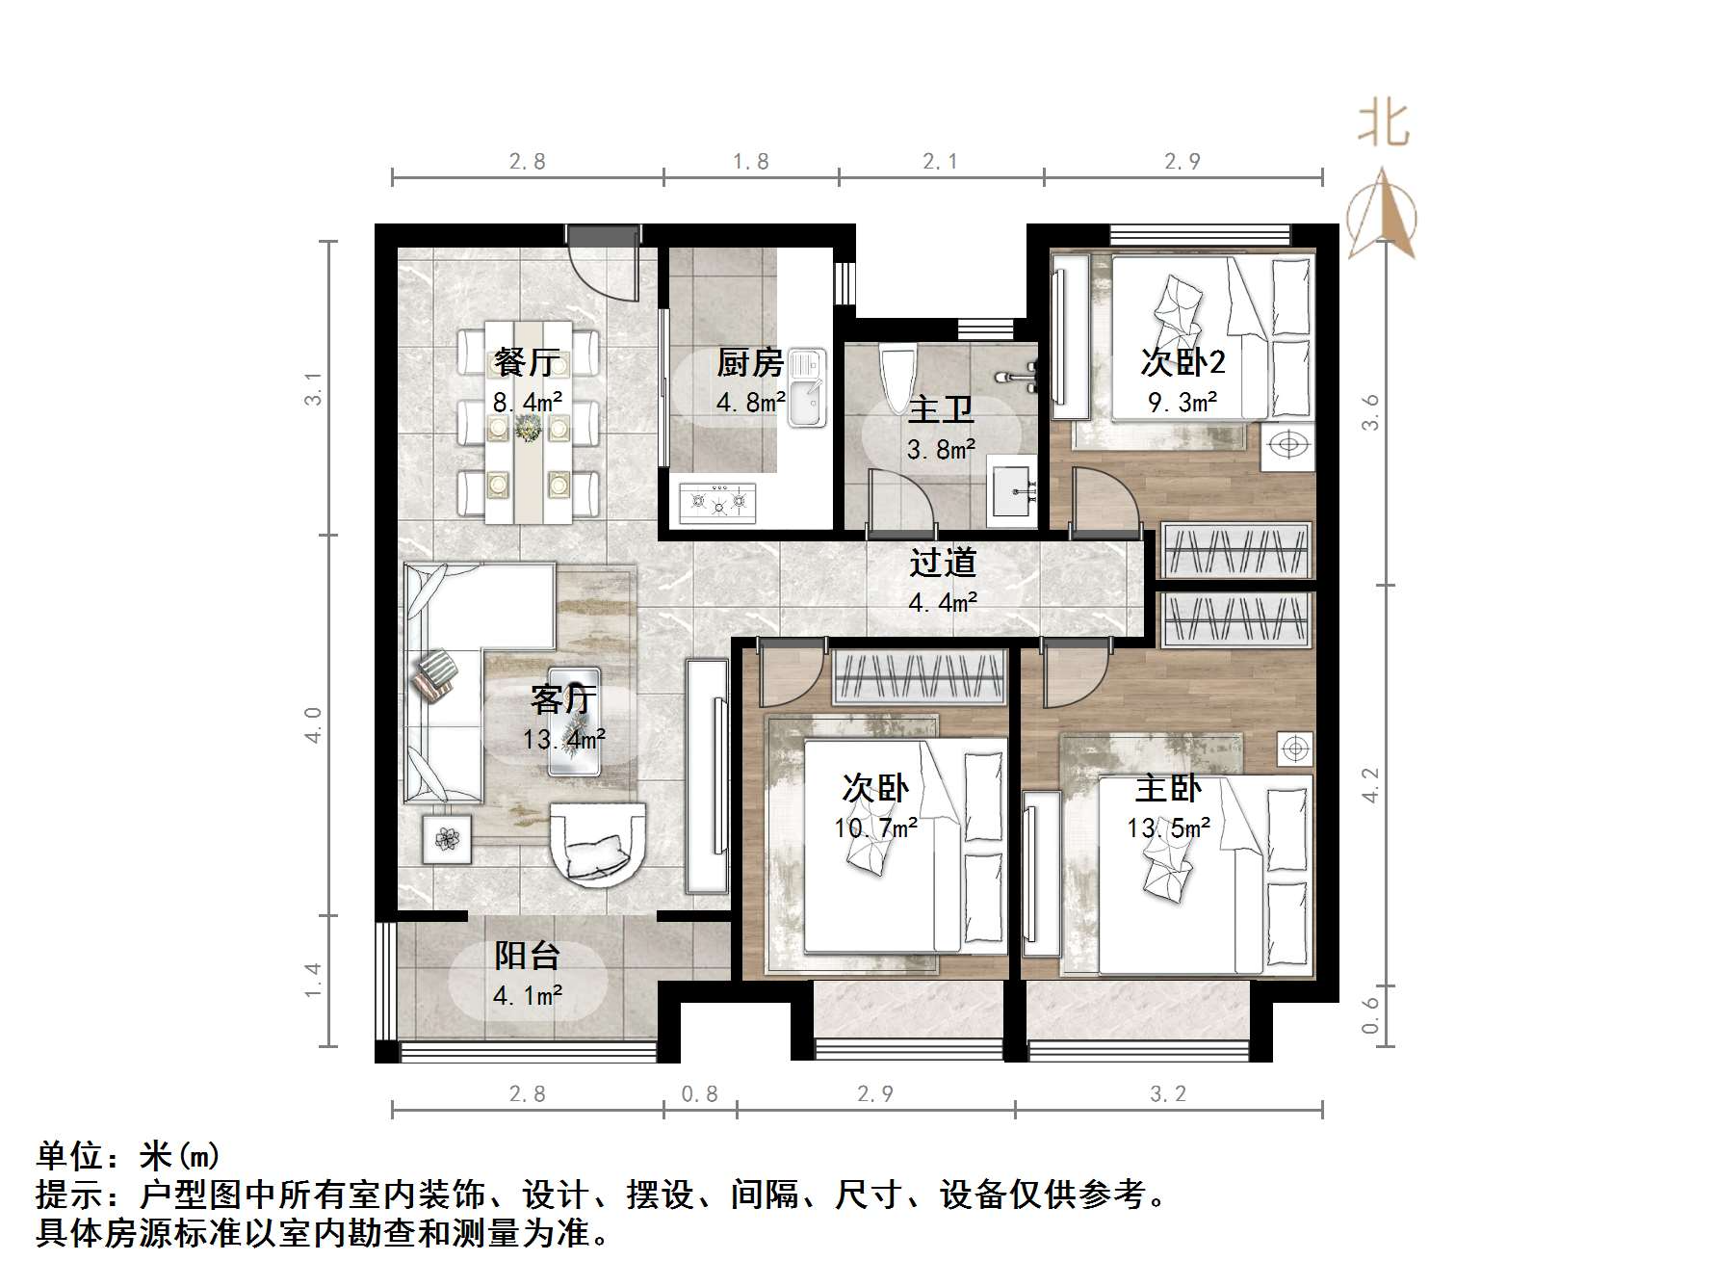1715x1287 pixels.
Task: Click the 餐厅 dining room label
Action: pyautogui.click(x=526, y=363)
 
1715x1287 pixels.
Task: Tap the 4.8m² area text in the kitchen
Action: pyautogui.click(x=750, y=402)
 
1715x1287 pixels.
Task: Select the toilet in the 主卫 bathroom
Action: pyautogui.click(x=897, y=378)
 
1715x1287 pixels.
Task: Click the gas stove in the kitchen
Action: pyautogui.click(x=717, y=502)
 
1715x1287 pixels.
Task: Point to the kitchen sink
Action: pyautogui.click(x=806, y=388)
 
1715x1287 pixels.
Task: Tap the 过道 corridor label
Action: pyautogui.click(x=943, y=563)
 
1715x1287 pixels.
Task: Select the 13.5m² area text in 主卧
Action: pyautogui.click(x=1168, y=827)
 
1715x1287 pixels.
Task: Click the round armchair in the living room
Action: pyautogui.click(x=597, y=841)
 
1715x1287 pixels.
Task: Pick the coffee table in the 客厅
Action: pyautogui.click(x=575, y=722)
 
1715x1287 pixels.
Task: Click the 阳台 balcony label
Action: pyautogui.click(x=527, y=956)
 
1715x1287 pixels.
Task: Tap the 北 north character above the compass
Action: pyautogui.click(x=1384, y=124)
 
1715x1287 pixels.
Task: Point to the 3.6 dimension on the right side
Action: pyautogui.click(x=1371, y=412)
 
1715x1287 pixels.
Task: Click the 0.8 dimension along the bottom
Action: pyautogui.click(x=700, y=1094)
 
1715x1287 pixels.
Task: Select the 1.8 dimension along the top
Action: pyautogui.click(x=750, y=162)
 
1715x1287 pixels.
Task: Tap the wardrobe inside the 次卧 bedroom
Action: pyautogui.click(x=920, y=675)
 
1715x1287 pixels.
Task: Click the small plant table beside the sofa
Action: pyautogui.click(x=447, y=839)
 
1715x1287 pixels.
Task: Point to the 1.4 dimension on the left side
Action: pyautogui.click(x=312, y=981)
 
